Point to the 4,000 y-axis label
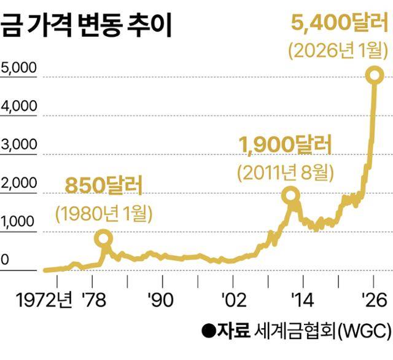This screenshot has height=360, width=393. tap(19, 106)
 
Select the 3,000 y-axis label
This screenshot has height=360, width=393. tap(19, 145)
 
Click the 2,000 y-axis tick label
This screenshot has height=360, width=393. tap(19, 184)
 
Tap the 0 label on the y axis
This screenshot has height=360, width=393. tap(5, 260)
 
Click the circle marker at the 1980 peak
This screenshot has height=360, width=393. tap(104, 238)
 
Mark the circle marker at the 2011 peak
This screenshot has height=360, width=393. tap(290, 196)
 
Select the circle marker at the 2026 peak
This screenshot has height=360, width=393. tap(374, 75)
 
